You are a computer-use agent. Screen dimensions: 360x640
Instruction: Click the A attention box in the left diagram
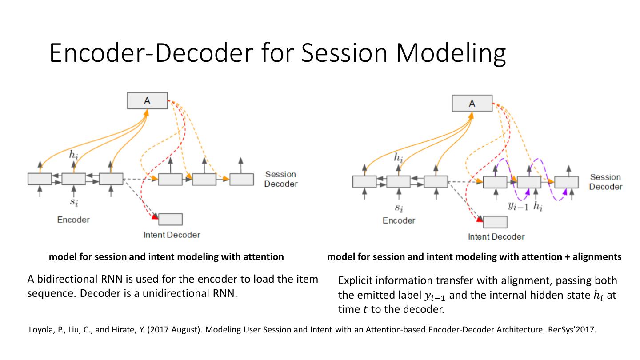(147, 100)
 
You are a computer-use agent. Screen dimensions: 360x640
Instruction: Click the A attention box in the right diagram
(472, 103)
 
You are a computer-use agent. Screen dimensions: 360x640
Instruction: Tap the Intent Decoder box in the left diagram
(170, 219)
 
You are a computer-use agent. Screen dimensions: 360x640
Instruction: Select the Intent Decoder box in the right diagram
(495, 222)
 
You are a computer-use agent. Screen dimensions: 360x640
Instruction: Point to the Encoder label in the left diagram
(73, 220)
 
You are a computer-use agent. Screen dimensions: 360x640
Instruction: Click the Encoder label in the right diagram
(399, 220)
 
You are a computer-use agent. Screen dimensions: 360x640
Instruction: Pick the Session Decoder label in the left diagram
(281, 179)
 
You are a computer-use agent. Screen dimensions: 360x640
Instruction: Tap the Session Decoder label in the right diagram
(605, 182)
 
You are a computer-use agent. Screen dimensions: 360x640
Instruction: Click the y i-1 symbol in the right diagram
(518, 206)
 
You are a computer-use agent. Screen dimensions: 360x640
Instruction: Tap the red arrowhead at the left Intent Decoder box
(155, 216)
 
